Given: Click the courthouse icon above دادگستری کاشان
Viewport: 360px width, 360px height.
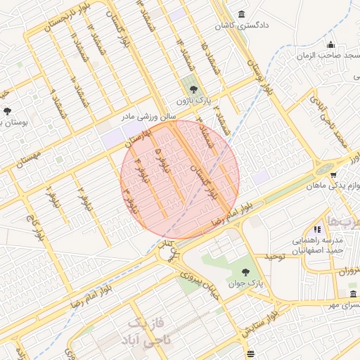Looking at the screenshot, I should point(243,15).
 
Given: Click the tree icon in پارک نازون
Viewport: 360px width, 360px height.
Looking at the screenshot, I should point(192,89).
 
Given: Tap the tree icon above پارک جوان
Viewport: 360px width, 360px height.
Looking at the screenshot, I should point(245,272).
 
